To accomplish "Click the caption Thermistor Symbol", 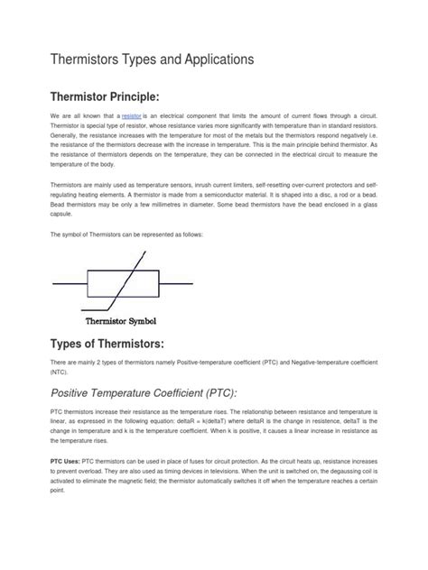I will tap(120, 320).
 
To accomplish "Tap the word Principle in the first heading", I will tap(152, 97).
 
